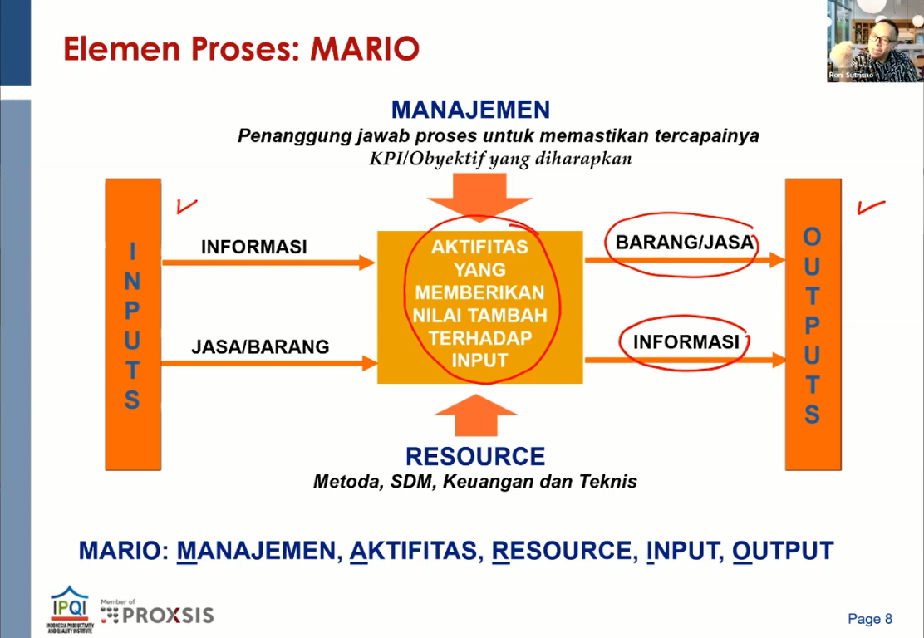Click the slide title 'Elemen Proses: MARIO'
pos(242,49)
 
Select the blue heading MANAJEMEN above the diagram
pos(470,110)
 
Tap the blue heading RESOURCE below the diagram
pos(475,456)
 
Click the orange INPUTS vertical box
pos(132,324)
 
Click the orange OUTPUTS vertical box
pos(812,324)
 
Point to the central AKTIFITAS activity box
pos(479,306)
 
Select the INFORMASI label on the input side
pos(253,247)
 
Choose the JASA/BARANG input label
pos(260,346)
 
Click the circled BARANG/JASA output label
pos(684,243)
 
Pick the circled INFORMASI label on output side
pos(686,341)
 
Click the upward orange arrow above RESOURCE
pos(476,415)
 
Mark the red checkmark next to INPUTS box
pos(185,206)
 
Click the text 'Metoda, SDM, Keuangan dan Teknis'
pos(474,482)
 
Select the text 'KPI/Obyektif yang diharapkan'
pos(500,159)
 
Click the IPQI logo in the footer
pos(69,609)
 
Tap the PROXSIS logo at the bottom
pos(157,614)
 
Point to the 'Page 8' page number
pos(869,619)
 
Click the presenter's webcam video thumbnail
pos(872,41)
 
